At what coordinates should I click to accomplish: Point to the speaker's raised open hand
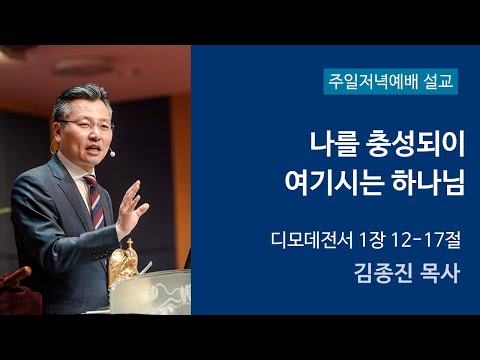coord(129,209)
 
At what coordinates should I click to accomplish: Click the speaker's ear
coord(112,130)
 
